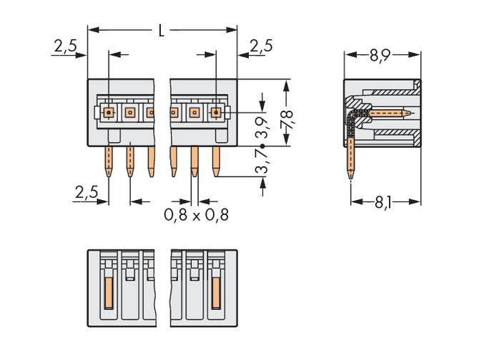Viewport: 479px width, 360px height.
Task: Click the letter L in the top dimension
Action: click(162, 30)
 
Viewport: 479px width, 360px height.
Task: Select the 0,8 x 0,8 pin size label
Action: click(196, 214)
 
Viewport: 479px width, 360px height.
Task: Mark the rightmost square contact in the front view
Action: click(215, 112)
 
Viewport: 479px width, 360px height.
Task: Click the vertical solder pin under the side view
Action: click(351, 161)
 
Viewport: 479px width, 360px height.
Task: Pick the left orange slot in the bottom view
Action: click(109, 293)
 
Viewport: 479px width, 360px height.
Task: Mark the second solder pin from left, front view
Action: click(129, 161)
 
